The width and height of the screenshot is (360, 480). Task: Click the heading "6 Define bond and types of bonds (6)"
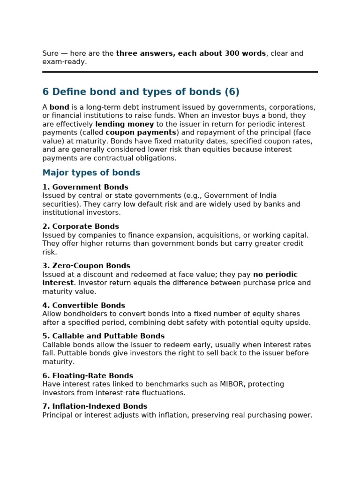pyautogui.click(x=141, y=92)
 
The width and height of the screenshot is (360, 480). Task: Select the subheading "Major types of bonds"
pyautogui.click(x=91, y=173)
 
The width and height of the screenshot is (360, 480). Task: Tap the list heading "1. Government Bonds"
pyautogui.click(x=85, y=187)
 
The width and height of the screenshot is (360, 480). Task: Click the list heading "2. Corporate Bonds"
pyautogui.click(x=80, y=227)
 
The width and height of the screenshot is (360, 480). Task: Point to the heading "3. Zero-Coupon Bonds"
pyautogui.click(x=86, y=266)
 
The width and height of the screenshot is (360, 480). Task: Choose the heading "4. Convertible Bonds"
pyautogui.click(x=83, y=306)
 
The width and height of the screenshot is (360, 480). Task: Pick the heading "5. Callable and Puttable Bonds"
pyautogui.click(x=103, y=337)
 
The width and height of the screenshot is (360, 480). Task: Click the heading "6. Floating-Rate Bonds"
pyautogui.click(x=87, y=376)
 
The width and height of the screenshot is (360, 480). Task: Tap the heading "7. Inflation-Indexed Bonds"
pyautogui.click(x=94, y=407)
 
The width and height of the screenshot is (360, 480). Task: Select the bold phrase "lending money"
pyautogui.click(x=124, y=124)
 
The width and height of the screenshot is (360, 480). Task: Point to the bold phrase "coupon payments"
pyautogui.click(x=141, y=133)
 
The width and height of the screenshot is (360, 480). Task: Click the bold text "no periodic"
pyautogui.click(x=275, y=275)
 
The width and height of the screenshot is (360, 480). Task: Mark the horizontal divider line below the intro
pyautogui.click(x=180, y=72)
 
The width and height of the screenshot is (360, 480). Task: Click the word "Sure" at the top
pyautogui.click(x=51, y=53)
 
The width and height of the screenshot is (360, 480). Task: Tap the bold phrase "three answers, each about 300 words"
pyautogui.click(x=191, y=53)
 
